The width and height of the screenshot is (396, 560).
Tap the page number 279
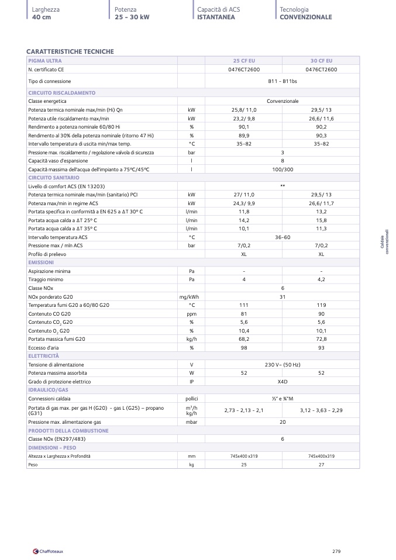tap(336, 551)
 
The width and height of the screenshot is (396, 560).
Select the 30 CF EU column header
tap(321, 61)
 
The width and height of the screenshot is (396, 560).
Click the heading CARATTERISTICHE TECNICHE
tap(70, 51)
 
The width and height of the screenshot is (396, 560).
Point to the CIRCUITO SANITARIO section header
tap(54, 177)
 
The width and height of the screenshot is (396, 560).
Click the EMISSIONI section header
tap(41, 262)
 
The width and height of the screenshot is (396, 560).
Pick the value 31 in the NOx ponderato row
tap(283, 297)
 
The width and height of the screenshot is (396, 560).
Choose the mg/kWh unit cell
tap(191, 297)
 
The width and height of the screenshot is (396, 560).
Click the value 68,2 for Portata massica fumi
tap(244, 339)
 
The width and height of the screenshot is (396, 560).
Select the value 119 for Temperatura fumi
tap(321, 305)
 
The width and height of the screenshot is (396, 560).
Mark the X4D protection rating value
tap(283, 381)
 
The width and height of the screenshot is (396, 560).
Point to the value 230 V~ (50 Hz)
tap(283, 365)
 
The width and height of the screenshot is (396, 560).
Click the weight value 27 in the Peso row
tap(321, 464)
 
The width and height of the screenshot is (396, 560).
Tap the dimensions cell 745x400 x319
tap(244, 455)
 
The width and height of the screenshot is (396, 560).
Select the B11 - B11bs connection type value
tap(283, 81)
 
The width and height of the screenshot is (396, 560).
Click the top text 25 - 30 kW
tap(132, 17)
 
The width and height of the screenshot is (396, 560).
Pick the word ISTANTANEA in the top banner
tap(216, 17)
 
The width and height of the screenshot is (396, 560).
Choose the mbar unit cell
tap(191, 421)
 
